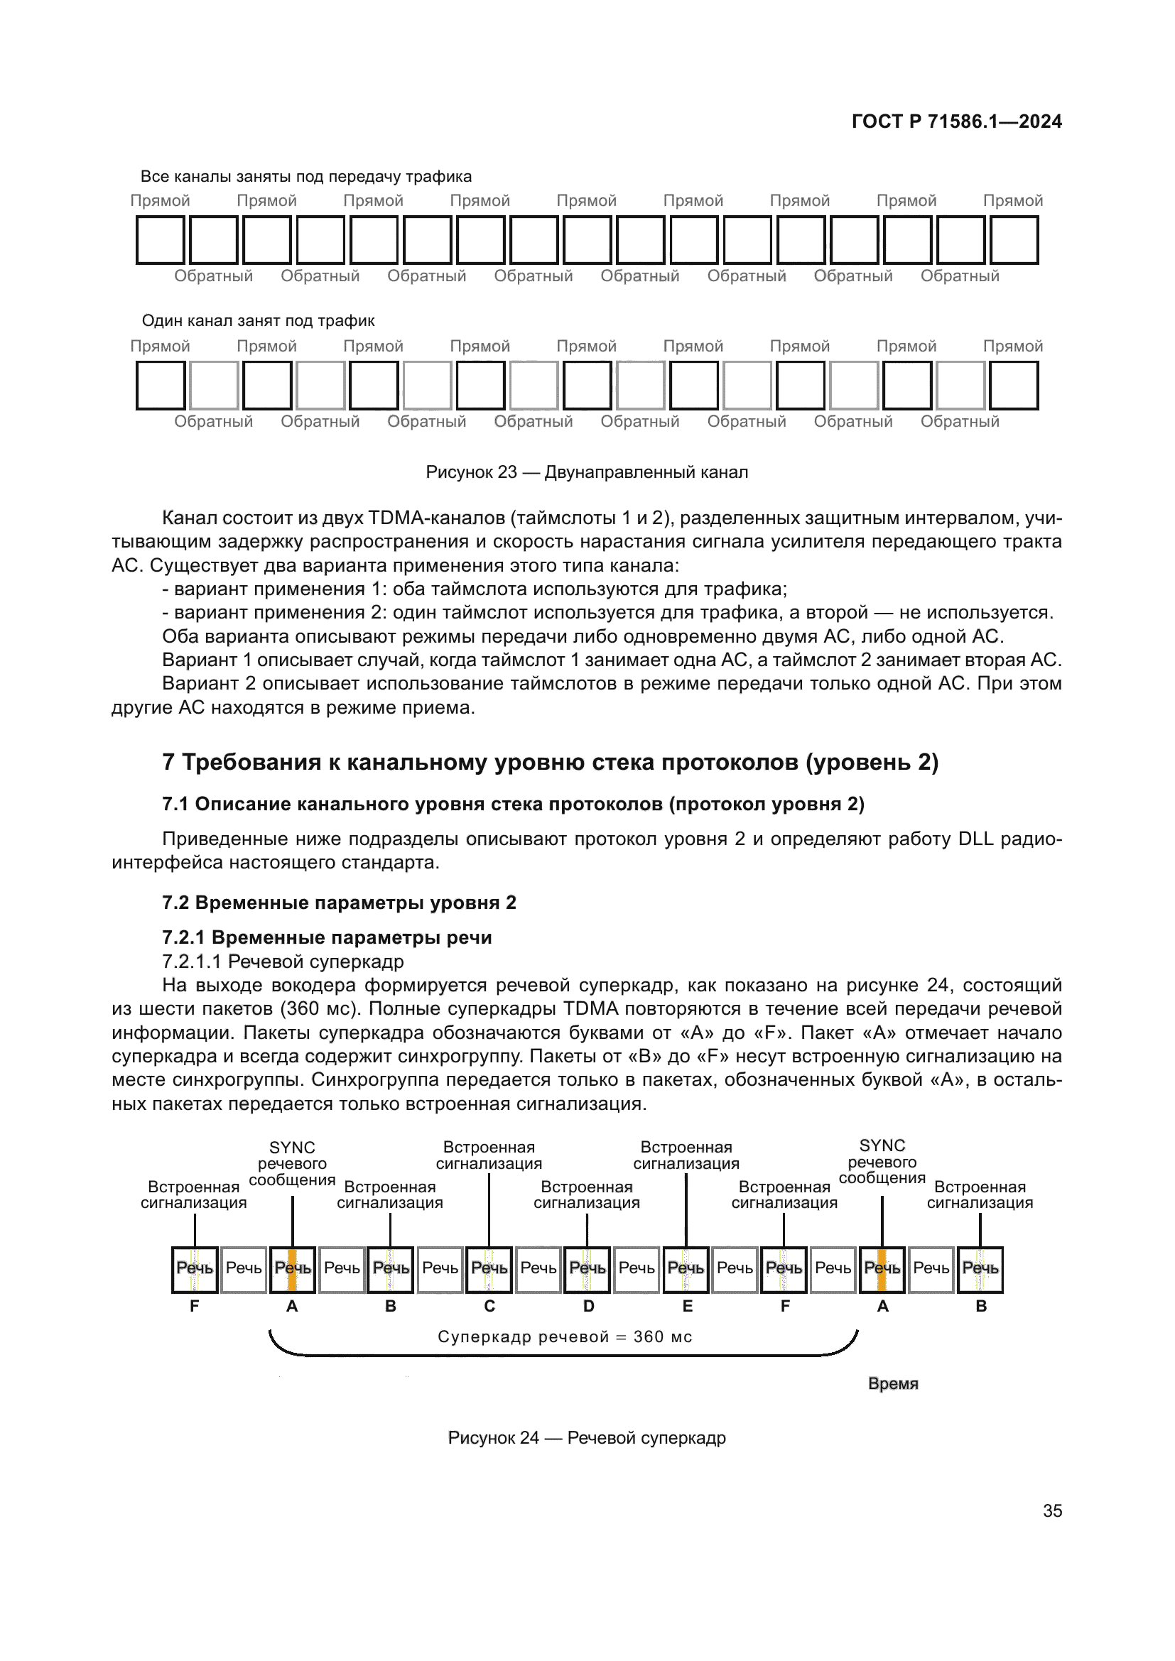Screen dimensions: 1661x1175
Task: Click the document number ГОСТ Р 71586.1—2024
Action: [x=955, y=121]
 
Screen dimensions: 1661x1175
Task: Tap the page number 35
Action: [x=1052, y=1510]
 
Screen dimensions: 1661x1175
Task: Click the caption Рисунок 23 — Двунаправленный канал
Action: [x=586, y=472]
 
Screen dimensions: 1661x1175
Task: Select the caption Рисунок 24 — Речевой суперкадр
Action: [x=586, y=1437]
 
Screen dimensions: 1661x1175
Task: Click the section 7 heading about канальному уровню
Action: [x=550, y=763]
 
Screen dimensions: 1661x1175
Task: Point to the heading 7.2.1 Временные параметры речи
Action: [x=326, y=937]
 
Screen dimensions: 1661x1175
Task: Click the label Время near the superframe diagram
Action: [x=893, y=1383]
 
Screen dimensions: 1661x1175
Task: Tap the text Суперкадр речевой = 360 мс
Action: [x=564, y=1337]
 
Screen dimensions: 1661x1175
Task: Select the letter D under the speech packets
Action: [x=588, y=1307]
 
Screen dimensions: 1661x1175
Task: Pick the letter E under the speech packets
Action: [x=688, y=1307]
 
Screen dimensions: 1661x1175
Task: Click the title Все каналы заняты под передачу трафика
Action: [x=305, y=177]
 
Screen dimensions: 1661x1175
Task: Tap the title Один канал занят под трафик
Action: [x=258, y=320]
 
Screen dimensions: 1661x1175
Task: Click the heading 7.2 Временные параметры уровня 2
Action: [x=339, y=903]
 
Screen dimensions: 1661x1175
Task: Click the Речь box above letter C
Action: [x=489, y=1268]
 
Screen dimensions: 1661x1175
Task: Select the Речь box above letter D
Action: [x=587, y=1268]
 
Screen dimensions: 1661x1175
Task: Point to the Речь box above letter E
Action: [x=686, y=1268]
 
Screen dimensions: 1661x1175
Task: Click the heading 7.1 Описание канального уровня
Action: [x=512, y=805]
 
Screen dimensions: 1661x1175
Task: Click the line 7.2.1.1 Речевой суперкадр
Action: [x=282, y=962]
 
